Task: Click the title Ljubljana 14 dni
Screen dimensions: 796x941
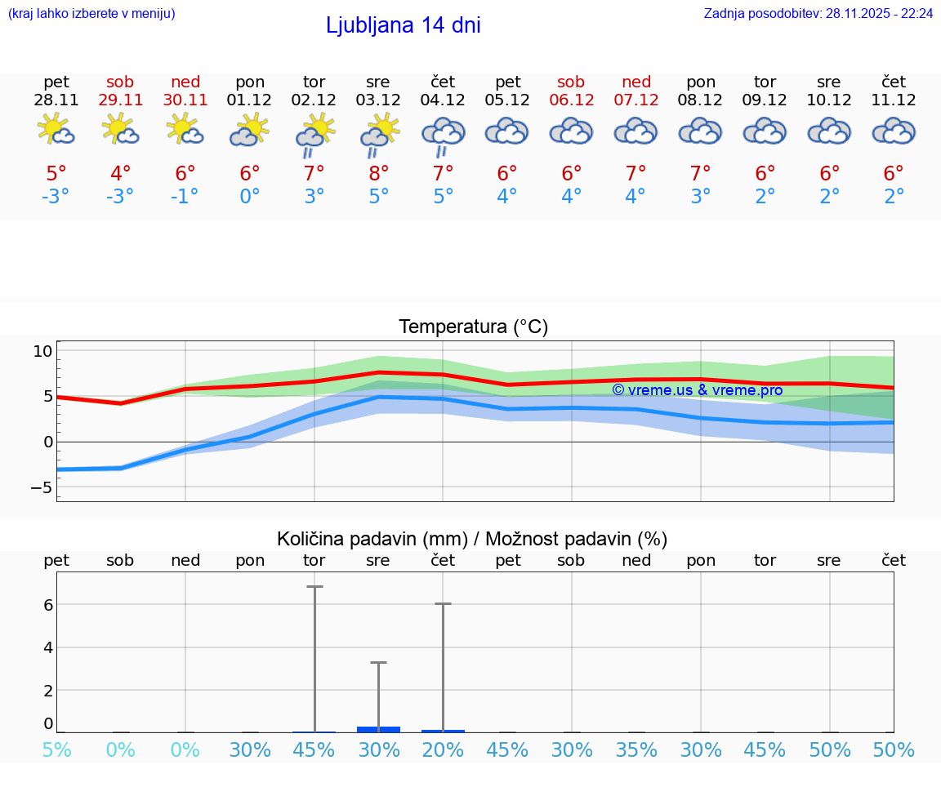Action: [403, 25]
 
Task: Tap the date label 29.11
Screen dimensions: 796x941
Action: [120, 100]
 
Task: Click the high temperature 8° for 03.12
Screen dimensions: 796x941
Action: [378, 174]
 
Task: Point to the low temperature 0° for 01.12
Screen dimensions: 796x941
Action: [250, 197]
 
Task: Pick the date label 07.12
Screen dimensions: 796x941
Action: [636, 100]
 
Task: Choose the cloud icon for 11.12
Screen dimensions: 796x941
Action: [894, 131]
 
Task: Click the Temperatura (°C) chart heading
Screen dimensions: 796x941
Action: [473, 327]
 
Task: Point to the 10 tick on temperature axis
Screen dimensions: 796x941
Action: [42, 352]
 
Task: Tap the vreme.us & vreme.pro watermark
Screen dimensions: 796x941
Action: [697, 390]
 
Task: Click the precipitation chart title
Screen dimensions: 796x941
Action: [472, 539]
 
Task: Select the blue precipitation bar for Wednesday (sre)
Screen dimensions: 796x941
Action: [378, 729]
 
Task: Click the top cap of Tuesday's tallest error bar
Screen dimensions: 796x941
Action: [314, 586]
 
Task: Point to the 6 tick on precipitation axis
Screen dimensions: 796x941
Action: [48, 605]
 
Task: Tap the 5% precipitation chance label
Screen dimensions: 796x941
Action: [56, 749]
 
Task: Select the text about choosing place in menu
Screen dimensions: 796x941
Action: [91, 14]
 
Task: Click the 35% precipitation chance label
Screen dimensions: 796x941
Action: [636, 749]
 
